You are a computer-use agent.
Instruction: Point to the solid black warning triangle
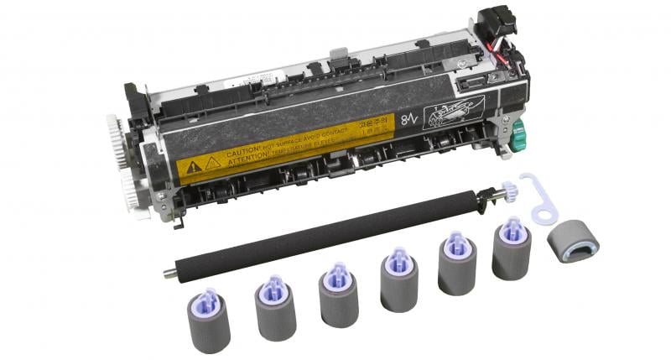pos(194,166)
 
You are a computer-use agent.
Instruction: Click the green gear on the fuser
pos(518,132)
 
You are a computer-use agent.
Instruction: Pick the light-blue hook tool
pos(538,198)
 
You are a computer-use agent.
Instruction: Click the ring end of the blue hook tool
pos(546,216)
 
